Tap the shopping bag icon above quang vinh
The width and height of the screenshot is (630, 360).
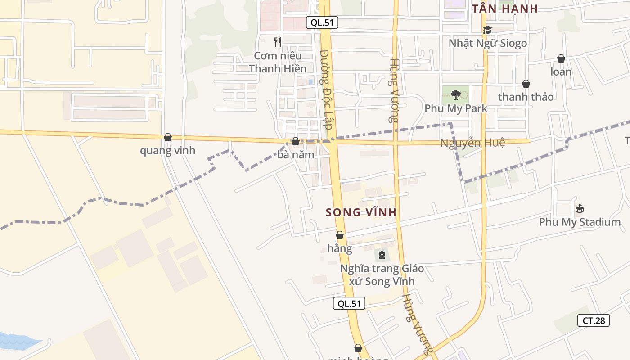168,137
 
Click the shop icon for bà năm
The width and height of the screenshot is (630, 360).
296,141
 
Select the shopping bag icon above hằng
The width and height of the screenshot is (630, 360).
340,235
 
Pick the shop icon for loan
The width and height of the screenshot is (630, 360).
561,58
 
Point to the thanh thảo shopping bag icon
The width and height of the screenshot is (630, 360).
526,84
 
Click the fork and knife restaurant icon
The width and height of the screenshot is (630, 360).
278,42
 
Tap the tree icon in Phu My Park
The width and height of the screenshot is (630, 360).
455,94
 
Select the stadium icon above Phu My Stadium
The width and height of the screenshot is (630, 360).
580,209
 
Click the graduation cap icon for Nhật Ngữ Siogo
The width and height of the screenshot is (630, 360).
487,30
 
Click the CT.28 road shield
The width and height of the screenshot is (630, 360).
594,320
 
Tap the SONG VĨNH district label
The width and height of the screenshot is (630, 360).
361,212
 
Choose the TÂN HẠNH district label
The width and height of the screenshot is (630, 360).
505,9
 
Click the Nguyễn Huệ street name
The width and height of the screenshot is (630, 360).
472,143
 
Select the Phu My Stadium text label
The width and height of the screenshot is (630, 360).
580,222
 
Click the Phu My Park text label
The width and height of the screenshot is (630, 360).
456,108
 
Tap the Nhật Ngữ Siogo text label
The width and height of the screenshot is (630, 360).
487,44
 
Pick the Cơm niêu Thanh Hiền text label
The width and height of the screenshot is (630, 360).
278,62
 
